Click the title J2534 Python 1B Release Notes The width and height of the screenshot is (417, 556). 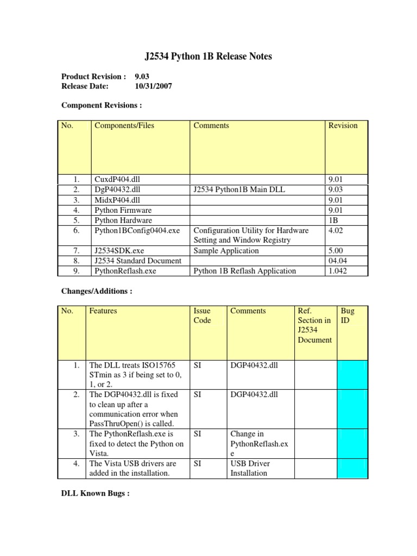click(208, 56)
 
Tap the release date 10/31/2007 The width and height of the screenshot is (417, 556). click(154, 86)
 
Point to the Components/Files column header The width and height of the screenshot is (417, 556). click(124, 125)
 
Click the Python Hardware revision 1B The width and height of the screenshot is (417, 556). click(333, 220)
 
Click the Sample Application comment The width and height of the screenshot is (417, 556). click(226, 251)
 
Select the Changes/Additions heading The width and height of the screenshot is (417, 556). click(97, 291)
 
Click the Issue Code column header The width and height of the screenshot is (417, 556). click(202, 315)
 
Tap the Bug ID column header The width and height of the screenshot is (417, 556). click(347, 315)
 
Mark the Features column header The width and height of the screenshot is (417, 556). click(103, 311)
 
